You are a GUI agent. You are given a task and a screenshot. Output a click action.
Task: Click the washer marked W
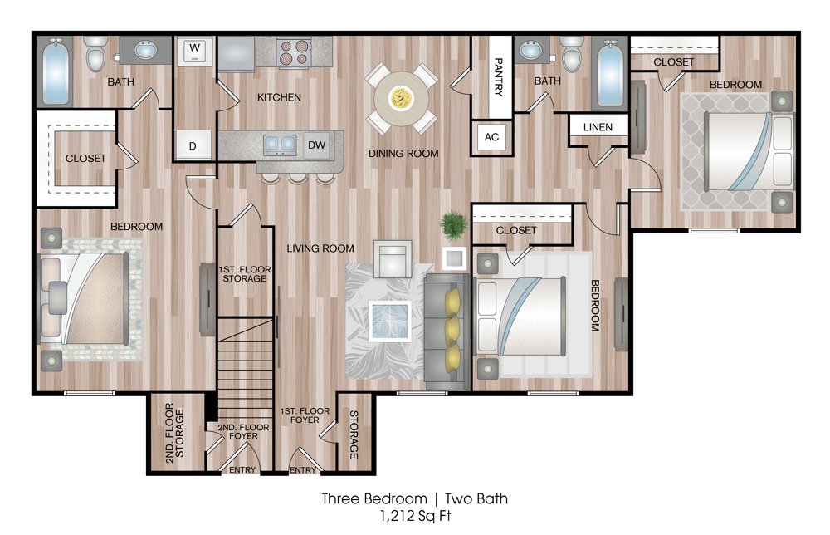pyautogui.click(x=195, y=51)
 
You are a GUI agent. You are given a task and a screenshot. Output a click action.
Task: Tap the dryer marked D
pyautogui.click(x=193, y=145)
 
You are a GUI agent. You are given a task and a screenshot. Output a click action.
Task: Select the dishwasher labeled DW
pyautogui.click(x=316, y=145)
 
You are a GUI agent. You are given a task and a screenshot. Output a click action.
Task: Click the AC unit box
pyautogui.click(x=491, y=137)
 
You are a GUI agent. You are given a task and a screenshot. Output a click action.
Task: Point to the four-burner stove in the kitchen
pyautogui.click(x=293, y=52)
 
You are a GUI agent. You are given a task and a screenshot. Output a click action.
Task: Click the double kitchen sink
pyautogui.click(x=280, y=144)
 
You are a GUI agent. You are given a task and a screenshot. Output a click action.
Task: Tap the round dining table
pyautogui.click(x=401, y=99)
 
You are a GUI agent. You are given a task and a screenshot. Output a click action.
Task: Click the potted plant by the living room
pyautogui.click(x=454, y=225)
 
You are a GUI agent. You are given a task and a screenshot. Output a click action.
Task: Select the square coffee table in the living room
pyautogui.click(x=391, y=321)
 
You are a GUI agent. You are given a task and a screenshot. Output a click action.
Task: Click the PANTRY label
pyautogui.click(x=498, y=76)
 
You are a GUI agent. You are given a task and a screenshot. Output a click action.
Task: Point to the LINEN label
pyautogui.click(x=598, y=127)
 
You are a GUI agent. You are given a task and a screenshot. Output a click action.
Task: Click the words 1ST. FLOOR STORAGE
pyautogui.click(x=245, y=274)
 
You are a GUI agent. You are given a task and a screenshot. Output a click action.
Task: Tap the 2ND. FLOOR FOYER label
pyautogui.click(x=243, y=431)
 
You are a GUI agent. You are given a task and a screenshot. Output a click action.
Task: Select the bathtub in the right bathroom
pyautogui.click(x=610, y=72)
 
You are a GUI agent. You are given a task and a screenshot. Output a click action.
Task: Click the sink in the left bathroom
pyautogui.click(x=145, y=51)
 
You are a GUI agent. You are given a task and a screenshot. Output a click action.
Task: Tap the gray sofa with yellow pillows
pyautogui.click(x=447, y=331)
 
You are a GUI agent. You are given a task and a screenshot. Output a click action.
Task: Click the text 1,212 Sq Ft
pyautogui.click(x=415, y=515)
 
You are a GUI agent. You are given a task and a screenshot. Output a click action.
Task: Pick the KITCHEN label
pyautogui.click(x=279, y=97)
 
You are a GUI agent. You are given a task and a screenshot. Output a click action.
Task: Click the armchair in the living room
pyautogui.click(x=393, y=258)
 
